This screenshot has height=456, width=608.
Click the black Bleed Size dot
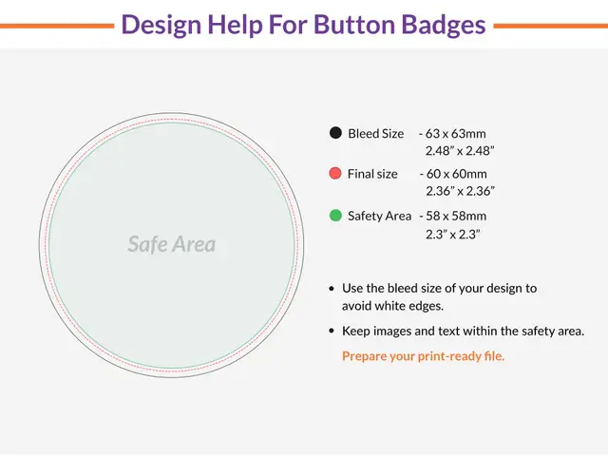pos(335,134)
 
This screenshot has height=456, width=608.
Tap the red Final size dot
pos(335,174)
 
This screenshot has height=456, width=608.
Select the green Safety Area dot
pos(335,216)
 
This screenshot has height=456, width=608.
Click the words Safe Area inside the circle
pos(172,244)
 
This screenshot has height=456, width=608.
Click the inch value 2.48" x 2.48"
pos(460,151)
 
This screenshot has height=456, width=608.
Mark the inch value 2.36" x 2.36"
pos(460,191)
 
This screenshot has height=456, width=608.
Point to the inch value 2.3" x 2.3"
pos(453,233)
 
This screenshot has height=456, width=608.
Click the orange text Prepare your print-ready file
pos(424,356)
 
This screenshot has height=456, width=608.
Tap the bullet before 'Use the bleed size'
pos(331,288)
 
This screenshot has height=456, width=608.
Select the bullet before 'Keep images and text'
pos(331,332)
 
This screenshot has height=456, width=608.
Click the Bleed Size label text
pos(376,134)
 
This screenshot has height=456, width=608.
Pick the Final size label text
pos(373,174)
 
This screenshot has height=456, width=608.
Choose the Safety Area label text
pos(380,216)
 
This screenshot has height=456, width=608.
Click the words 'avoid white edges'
pos(393,306)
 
